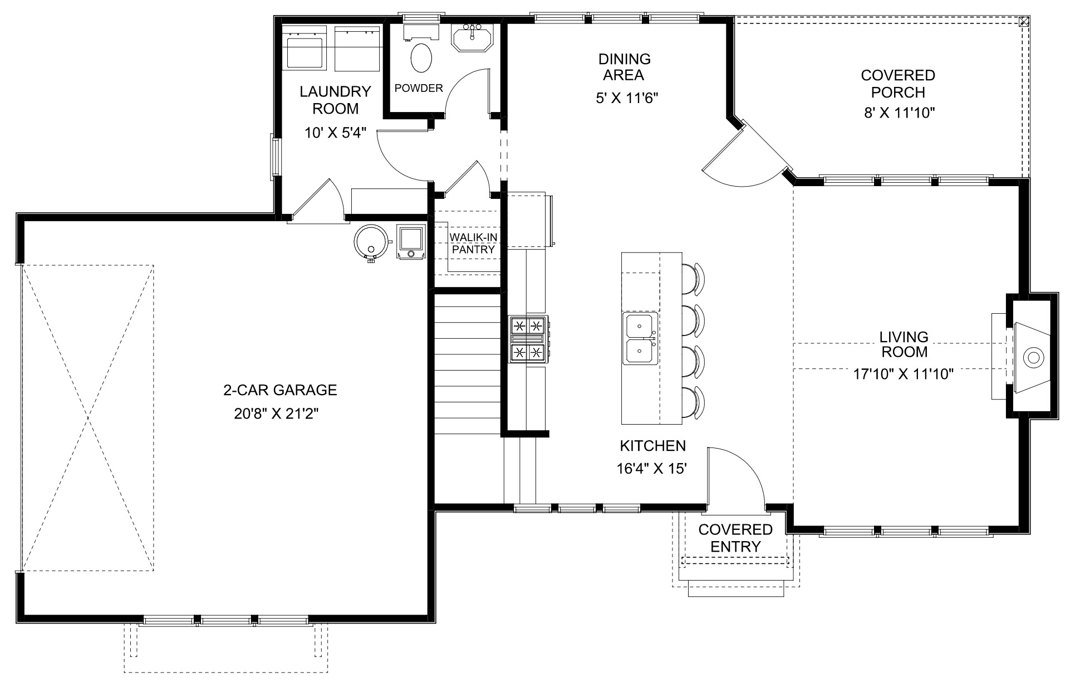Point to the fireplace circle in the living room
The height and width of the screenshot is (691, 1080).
(x=1033, y=357)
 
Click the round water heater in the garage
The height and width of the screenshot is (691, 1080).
(x=371, y=241)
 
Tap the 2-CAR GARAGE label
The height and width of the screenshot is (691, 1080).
(x=280, y=390)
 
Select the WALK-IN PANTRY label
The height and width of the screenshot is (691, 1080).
(x=473, y=244)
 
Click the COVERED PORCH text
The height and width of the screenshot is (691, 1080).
(x=897, y=84)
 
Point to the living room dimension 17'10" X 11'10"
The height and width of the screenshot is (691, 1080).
(x=904, y=374)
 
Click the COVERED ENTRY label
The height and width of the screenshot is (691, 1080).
(x=735, y=538)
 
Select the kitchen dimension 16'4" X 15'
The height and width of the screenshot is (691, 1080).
(x=652, y=469)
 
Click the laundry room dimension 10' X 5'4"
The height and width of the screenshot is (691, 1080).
(x=335, y=133)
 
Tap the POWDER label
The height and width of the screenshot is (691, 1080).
(x=419, y=88)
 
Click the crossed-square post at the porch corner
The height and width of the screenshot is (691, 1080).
(x=1023, y=22)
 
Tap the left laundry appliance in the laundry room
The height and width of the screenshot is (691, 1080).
(x=305, y=49)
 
